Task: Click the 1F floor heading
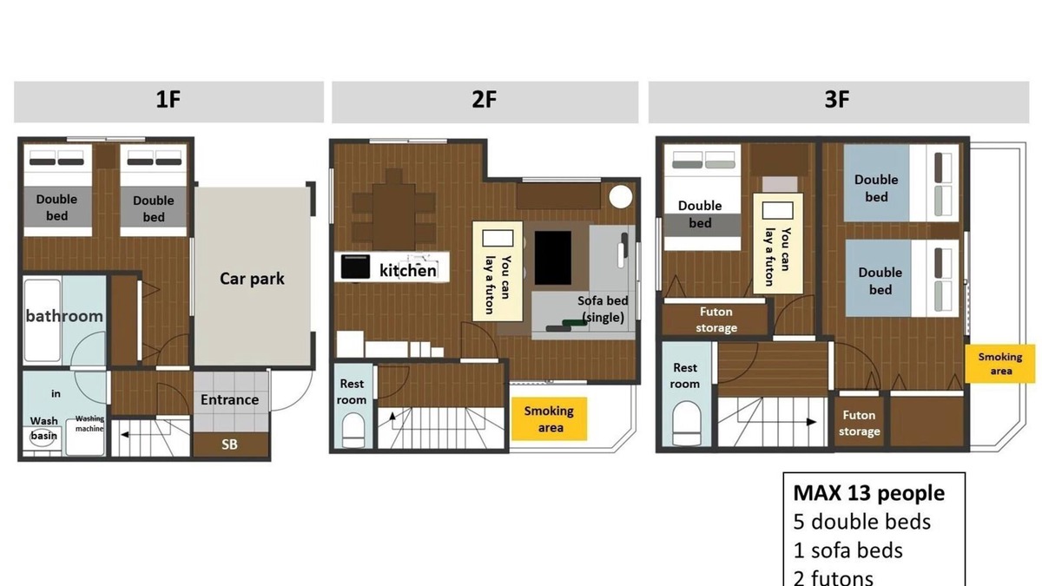point(168,100)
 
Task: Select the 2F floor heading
point(485,100)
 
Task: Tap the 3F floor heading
point(837,100)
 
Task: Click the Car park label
point(252,279)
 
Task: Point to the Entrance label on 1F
point(230,399)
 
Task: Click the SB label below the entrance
point(229,444)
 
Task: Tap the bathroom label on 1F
point(64,316)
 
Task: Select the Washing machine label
point(89,424)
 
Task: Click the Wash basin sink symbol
point(43,438)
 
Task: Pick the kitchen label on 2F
point(408,270)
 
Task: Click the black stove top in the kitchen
point(355,267)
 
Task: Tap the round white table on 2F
point(621,197)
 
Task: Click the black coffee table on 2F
point(552,258)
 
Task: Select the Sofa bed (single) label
point(603,309)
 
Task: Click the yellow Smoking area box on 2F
point(550,418)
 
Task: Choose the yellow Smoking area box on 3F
point(1000,364)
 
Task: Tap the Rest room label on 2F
point(352,392)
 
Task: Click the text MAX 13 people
point(869,493)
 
